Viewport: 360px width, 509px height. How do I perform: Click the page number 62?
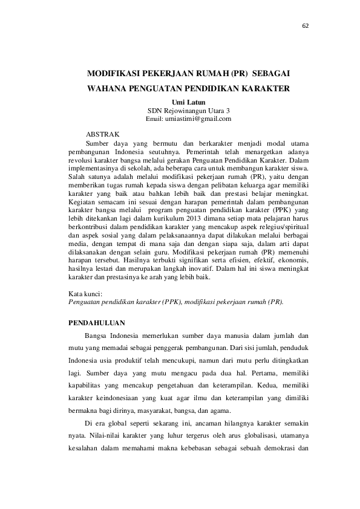pos(304,25)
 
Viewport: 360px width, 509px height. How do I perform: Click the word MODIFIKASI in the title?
pos(113,73)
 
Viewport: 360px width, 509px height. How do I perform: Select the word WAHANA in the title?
pos(108,88)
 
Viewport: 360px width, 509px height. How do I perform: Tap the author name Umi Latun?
pos(189,103)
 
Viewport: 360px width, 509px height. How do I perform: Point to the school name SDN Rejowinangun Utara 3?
pos(189,111)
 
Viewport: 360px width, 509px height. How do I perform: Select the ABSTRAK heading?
pos(103,132)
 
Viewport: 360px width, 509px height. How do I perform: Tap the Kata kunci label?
pos(86,293)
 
